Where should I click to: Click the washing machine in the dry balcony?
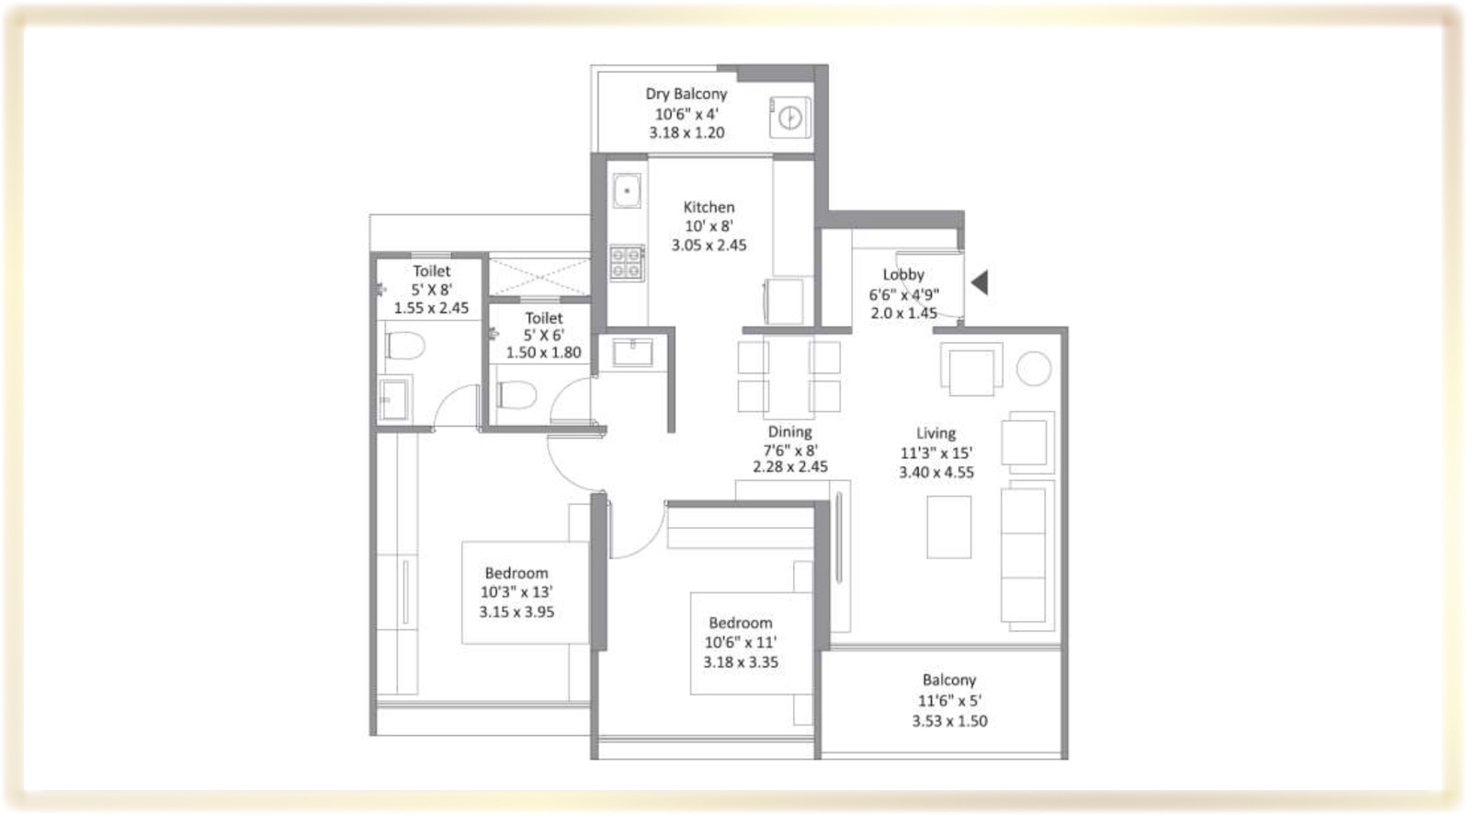(x=790, y=118)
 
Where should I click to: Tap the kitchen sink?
(x=627, y=191)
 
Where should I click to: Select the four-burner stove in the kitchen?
(x=627, y=263)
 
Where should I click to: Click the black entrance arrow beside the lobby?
(x=980, y=282)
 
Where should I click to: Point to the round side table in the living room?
(x=1033, y=368)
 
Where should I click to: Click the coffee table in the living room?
(x=949, y=527)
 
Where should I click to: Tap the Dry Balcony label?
(x=686, y=94)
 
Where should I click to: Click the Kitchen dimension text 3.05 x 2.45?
(x=709, y=246)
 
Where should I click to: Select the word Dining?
(x=789, y=432)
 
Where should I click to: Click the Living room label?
(x=936, y=433)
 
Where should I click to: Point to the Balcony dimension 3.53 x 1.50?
(x=949, y=722)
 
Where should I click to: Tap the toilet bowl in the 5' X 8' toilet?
(x=404, y=345)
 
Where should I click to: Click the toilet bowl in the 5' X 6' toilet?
(x=516, y=395)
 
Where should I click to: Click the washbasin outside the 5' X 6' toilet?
(x=632, y=352)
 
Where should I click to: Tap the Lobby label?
(x=903, y=275)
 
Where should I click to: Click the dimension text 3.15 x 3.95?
(x=516, y=613)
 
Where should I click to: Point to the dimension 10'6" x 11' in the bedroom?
(x=741, y=643)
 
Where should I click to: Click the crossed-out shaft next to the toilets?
(x=539, y=277)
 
